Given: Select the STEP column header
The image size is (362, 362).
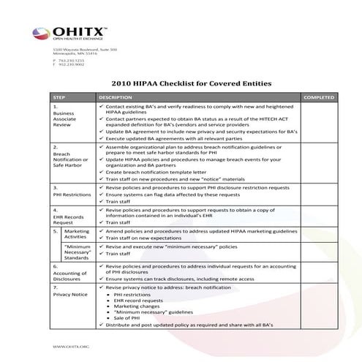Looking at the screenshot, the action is pyautogui.click(x=59, y=97).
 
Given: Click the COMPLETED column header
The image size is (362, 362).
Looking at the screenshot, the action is pyautogui.click(x=319, y=97).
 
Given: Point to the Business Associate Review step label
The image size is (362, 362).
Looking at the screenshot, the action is pyautogui.click(x=65, y=119).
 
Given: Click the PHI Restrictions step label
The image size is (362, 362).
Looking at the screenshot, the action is pyautogui.click(x=70, y=195).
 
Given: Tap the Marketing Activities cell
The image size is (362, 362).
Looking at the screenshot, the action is pyautogui.click(x=76, y=233).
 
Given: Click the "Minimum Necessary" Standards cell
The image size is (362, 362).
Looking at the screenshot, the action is pyautogui.click(x=76, y=252).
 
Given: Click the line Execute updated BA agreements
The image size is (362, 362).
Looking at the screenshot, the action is pyautogui.click(x=176, y=137).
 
